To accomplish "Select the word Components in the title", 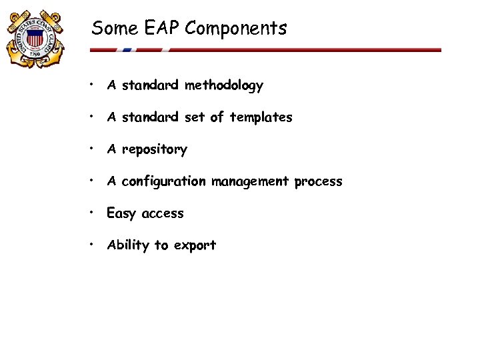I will coord(236,29).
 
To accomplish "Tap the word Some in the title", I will coord(114,28).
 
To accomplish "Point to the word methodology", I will coord(224,86).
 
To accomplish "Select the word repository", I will coord(154,150).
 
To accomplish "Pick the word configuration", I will coord(165,182).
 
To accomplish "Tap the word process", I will coord(317,182).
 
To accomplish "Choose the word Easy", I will coord(121,214).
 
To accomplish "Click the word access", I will coord(163,214).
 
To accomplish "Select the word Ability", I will coord(129,245).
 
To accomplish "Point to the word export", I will coord(195,246).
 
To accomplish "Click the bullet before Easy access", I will coord(93,213).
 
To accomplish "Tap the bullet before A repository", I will coord(93,149).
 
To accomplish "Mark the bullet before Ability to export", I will coord(93,245).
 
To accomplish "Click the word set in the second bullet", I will coord(195,117).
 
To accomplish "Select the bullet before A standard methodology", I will coord(93,85).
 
